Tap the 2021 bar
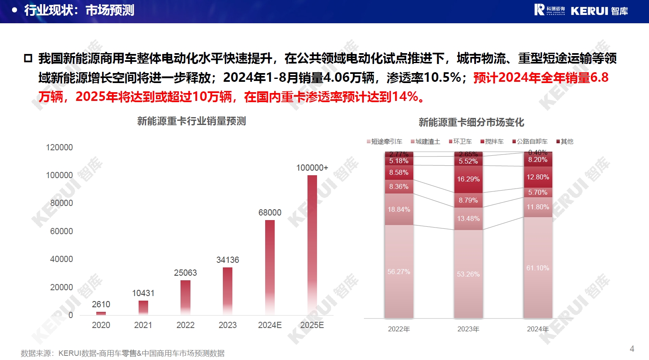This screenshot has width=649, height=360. pyautogui.click(x=143, y=307)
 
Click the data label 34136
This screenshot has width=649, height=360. pyautogui.click(x=227, y=260)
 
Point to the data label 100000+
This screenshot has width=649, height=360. pyautogui.click(x=312, y=168)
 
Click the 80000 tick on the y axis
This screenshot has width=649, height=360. pyautogui.click(x=61, y=203)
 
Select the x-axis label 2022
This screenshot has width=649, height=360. pyautogui.click(x=185, y=325)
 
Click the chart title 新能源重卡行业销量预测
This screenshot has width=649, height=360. pyautogui.click(x=192, y=121)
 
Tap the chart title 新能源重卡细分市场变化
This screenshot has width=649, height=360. pyautogui.click(x=471, y=122)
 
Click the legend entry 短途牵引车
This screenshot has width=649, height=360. pyautogui.click(x=385, y=142)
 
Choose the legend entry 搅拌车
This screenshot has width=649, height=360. pyautogui.click(x=492, y=142)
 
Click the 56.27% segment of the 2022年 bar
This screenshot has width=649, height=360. pyautogui.click(x=399, y=272)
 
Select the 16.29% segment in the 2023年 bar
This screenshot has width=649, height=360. pyautogui.click(x=468, y=179)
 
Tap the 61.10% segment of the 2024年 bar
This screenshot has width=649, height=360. pyautogui.click(x=538, y=268)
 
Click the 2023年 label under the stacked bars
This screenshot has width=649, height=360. pyautogui.click(x=468, y=329)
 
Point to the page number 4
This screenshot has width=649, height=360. pyautogui.click(x=632, y=349)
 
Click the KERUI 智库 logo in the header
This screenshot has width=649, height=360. pyautogui.click(x=581, y=10)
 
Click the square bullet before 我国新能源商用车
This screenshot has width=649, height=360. pyautogui.click(x=28, y=58)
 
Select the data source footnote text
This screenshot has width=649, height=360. pyautogui.click(x=122, y=353)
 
